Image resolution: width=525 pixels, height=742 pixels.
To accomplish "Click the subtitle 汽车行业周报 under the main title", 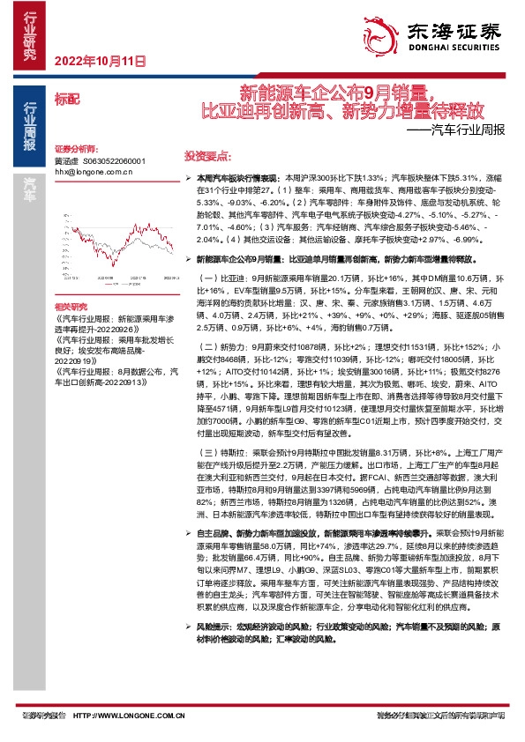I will pos(458,129).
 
